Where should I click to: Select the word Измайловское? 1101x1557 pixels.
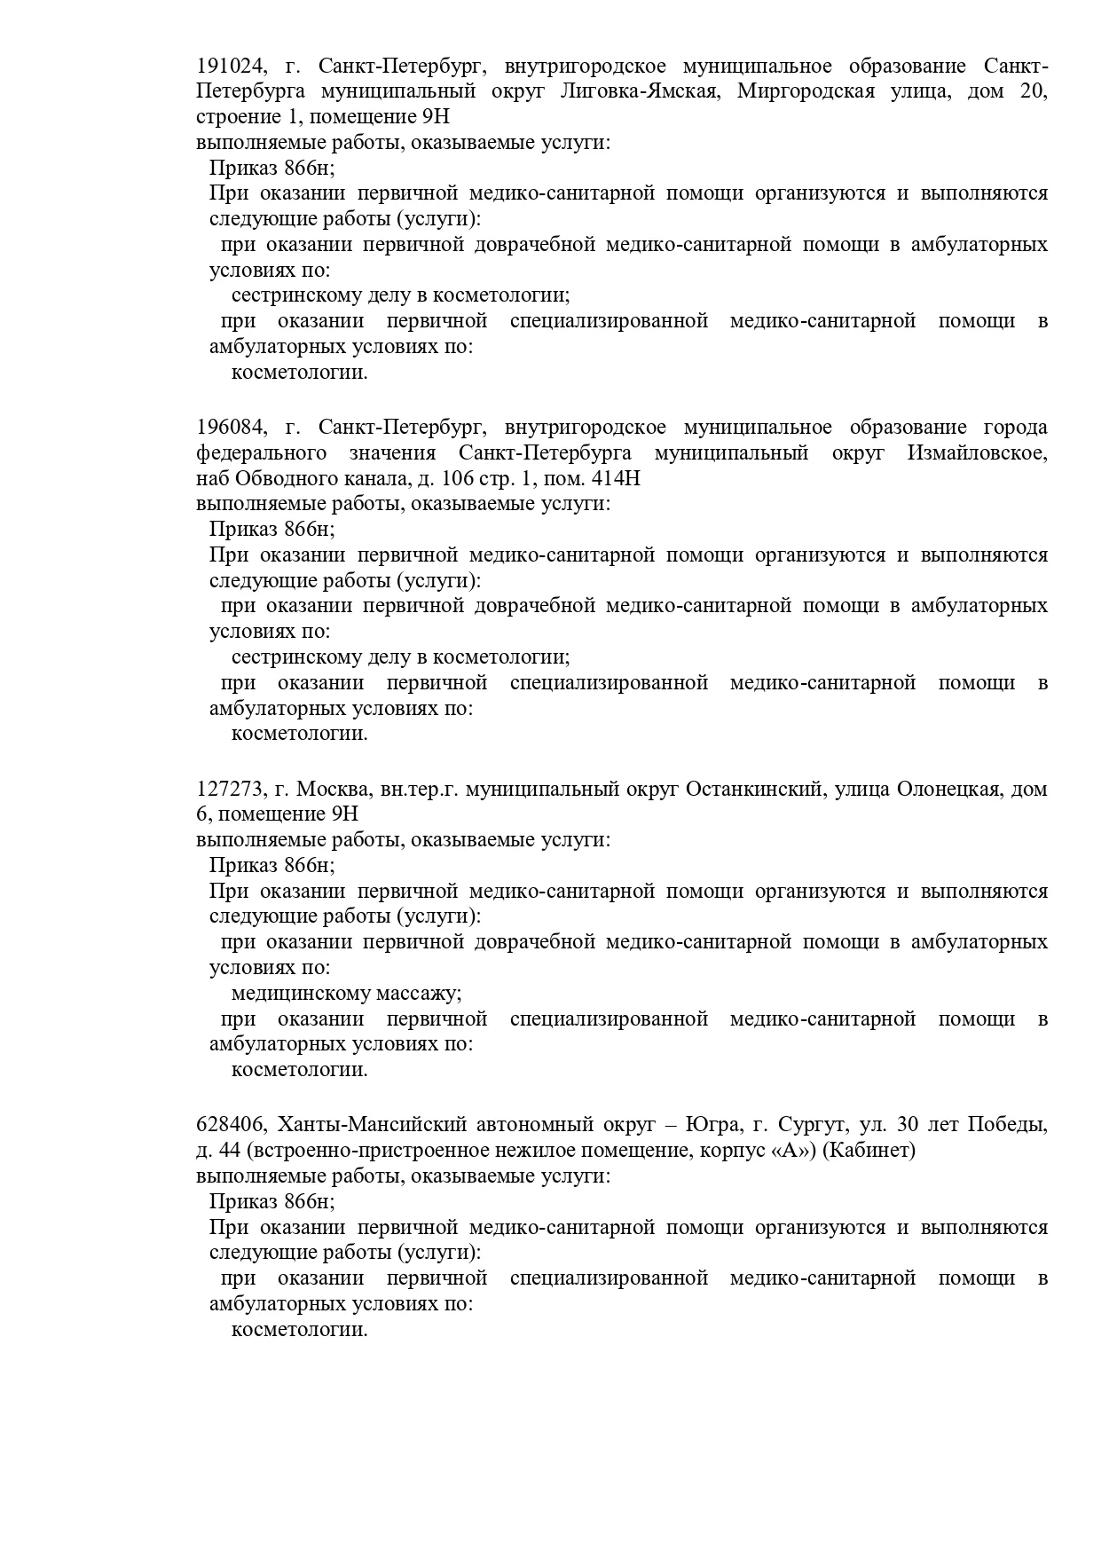click(x=977, y=453)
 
